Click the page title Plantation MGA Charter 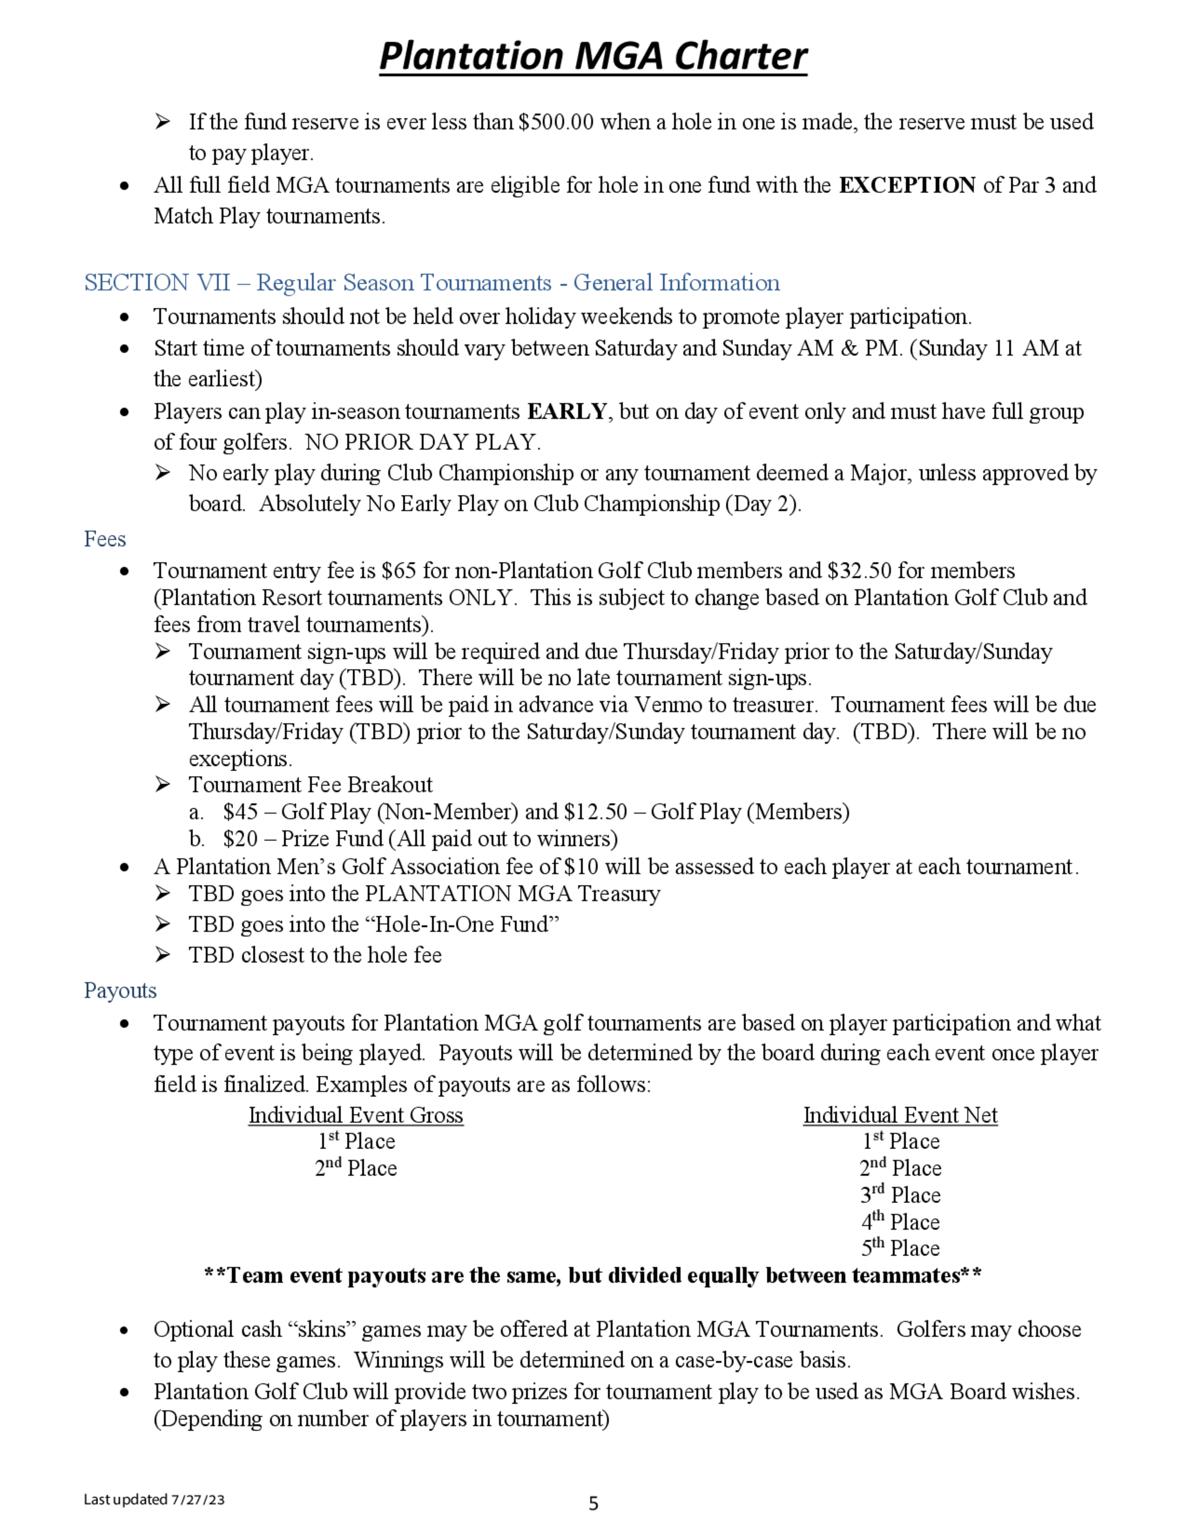click(593, 56)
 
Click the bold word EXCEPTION click(906, 185)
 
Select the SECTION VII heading click(431, 283)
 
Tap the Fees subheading click(105, 539)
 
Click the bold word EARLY click(567, 411)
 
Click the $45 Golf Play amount click(240, 813)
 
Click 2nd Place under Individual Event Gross click(356, 1168)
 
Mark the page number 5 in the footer click(593, 1503)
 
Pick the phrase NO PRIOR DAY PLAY click(423, 442)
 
